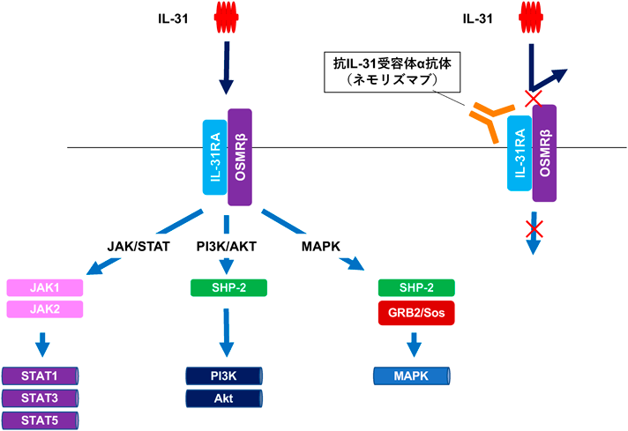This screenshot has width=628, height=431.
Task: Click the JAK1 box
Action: [45, 288]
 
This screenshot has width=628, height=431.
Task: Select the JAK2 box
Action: [45, 308]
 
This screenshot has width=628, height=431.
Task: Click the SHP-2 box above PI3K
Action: [228, 288]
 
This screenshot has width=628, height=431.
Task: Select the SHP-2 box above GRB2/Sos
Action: [415, 288]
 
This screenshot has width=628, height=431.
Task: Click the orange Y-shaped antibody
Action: [488, 119]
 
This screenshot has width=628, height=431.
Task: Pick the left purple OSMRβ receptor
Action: [240, 157]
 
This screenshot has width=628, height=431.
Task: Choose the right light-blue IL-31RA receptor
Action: [519, 152]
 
